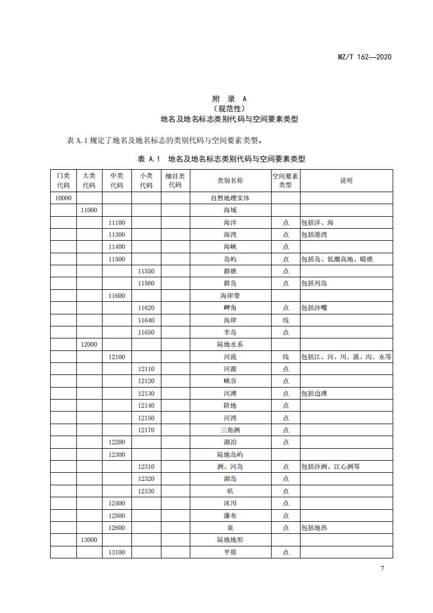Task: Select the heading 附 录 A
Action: coord(230,99)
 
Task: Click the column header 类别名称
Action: coord(230,181)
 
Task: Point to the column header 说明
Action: coord(346,181)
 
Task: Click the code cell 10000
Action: coord(63,198)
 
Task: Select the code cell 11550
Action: coord(146,271)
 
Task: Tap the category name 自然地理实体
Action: coord(230,198)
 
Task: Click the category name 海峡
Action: coord(230,247)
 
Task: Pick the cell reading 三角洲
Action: coord(230,430)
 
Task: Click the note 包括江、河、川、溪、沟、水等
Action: coord(346,357)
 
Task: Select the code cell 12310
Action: coord(146,467)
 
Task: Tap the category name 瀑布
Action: coord(230,516)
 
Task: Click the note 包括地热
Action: coord(314,528)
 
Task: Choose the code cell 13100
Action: coord(117,552)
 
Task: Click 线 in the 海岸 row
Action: coord(286,320)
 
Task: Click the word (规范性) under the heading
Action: coord(230,109)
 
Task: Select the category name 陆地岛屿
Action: coord(230,455)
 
